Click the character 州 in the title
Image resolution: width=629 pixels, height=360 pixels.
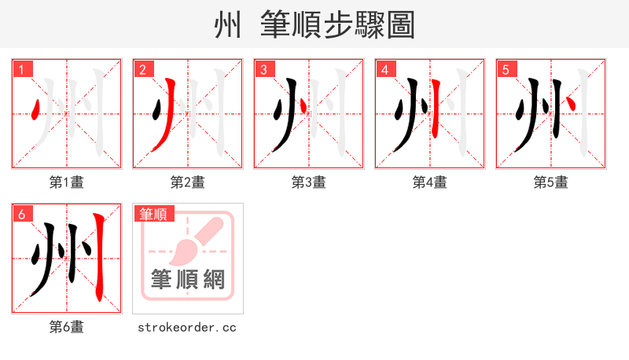click(x=229, y=26)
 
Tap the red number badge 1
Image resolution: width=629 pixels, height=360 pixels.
click(x=22, y=69)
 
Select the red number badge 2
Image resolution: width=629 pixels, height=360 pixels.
click(x=143, y=69)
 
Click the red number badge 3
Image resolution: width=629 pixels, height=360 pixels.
click(x=264, y=69)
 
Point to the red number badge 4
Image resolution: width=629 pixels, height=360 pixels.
click(x=385, y=69)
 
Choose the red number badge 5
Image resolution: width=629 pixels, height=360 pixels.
click(x=506, y=69)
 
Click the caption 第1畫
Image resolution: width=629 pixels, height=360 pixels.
click(x=67, y=182)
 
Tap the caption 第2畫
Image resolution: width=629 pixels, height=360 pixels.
click(x=188, y=182)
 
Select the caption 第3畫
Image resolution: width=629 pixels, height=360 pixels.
click(x=309, y=182)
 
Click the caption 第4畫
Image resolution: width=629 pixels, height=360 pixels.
click(x=430, y=182)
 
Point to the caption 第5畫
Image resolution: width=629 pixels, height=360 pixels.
click(x=551, y=182)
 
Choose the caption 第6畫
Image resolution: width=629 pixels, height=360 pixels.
click(x=67, y=327)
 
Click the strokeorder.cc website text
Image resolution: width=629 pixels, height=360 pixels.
click(x=187, y=327)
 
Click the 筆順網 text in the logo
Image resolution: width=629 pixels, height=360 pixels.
click(x=188, y=280)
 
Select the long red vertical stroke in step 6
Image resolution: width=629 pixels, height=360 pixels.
click(x=98, y=255)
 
